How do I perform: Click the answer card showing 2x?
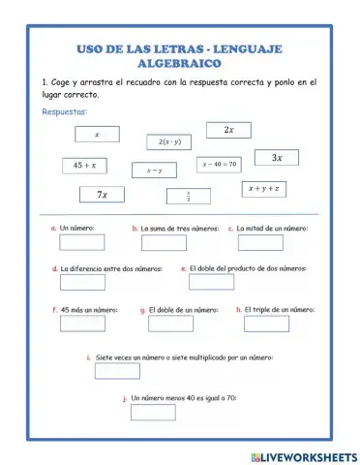[228, 130]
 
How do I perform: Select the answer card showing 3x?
[276, 158]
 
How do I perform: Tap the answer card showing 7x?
[103, 195]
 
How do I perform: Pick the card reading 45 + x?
[85, 166]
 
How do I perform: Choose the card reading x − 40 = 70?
[220, 165]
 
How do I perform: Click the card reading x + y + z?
[263, 188]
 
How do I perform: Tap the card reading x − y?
[154, 170]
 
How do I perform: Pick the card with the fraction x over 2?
[188, 196]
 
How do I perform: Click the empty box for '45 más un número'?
[82, 324]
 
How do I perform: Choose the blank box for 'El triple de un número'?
[264, 324]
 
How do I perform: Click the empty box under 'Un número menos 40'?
[153, 413]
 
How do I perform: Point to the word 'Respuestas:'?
[64, 112]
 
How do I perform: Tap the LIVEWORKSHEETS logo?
[303, 455]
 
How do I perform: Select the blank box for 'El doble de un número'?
[174, 324]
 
